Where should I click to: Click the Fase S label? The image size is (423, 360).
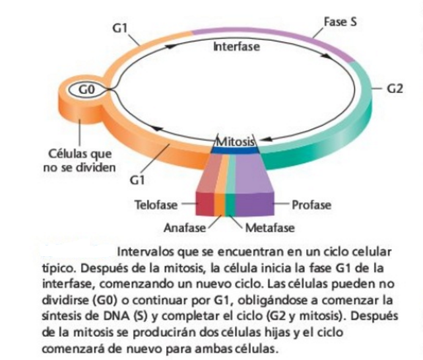[x=341, y=22]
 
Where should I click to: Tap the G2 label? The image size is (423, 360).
[x=394, y=89]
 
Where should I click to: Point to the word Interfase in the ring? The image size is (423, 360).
[x=236, y=47]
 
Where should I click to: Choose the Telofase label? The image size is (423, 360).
[x=156, y=205]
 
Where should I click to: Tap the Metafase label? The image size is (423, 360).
[x=270, y=228]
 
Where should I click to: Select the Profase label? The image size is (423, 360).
[x=311, y=205]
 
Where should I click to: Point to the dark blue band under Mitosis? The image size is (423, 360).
[x=236, y=151]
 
